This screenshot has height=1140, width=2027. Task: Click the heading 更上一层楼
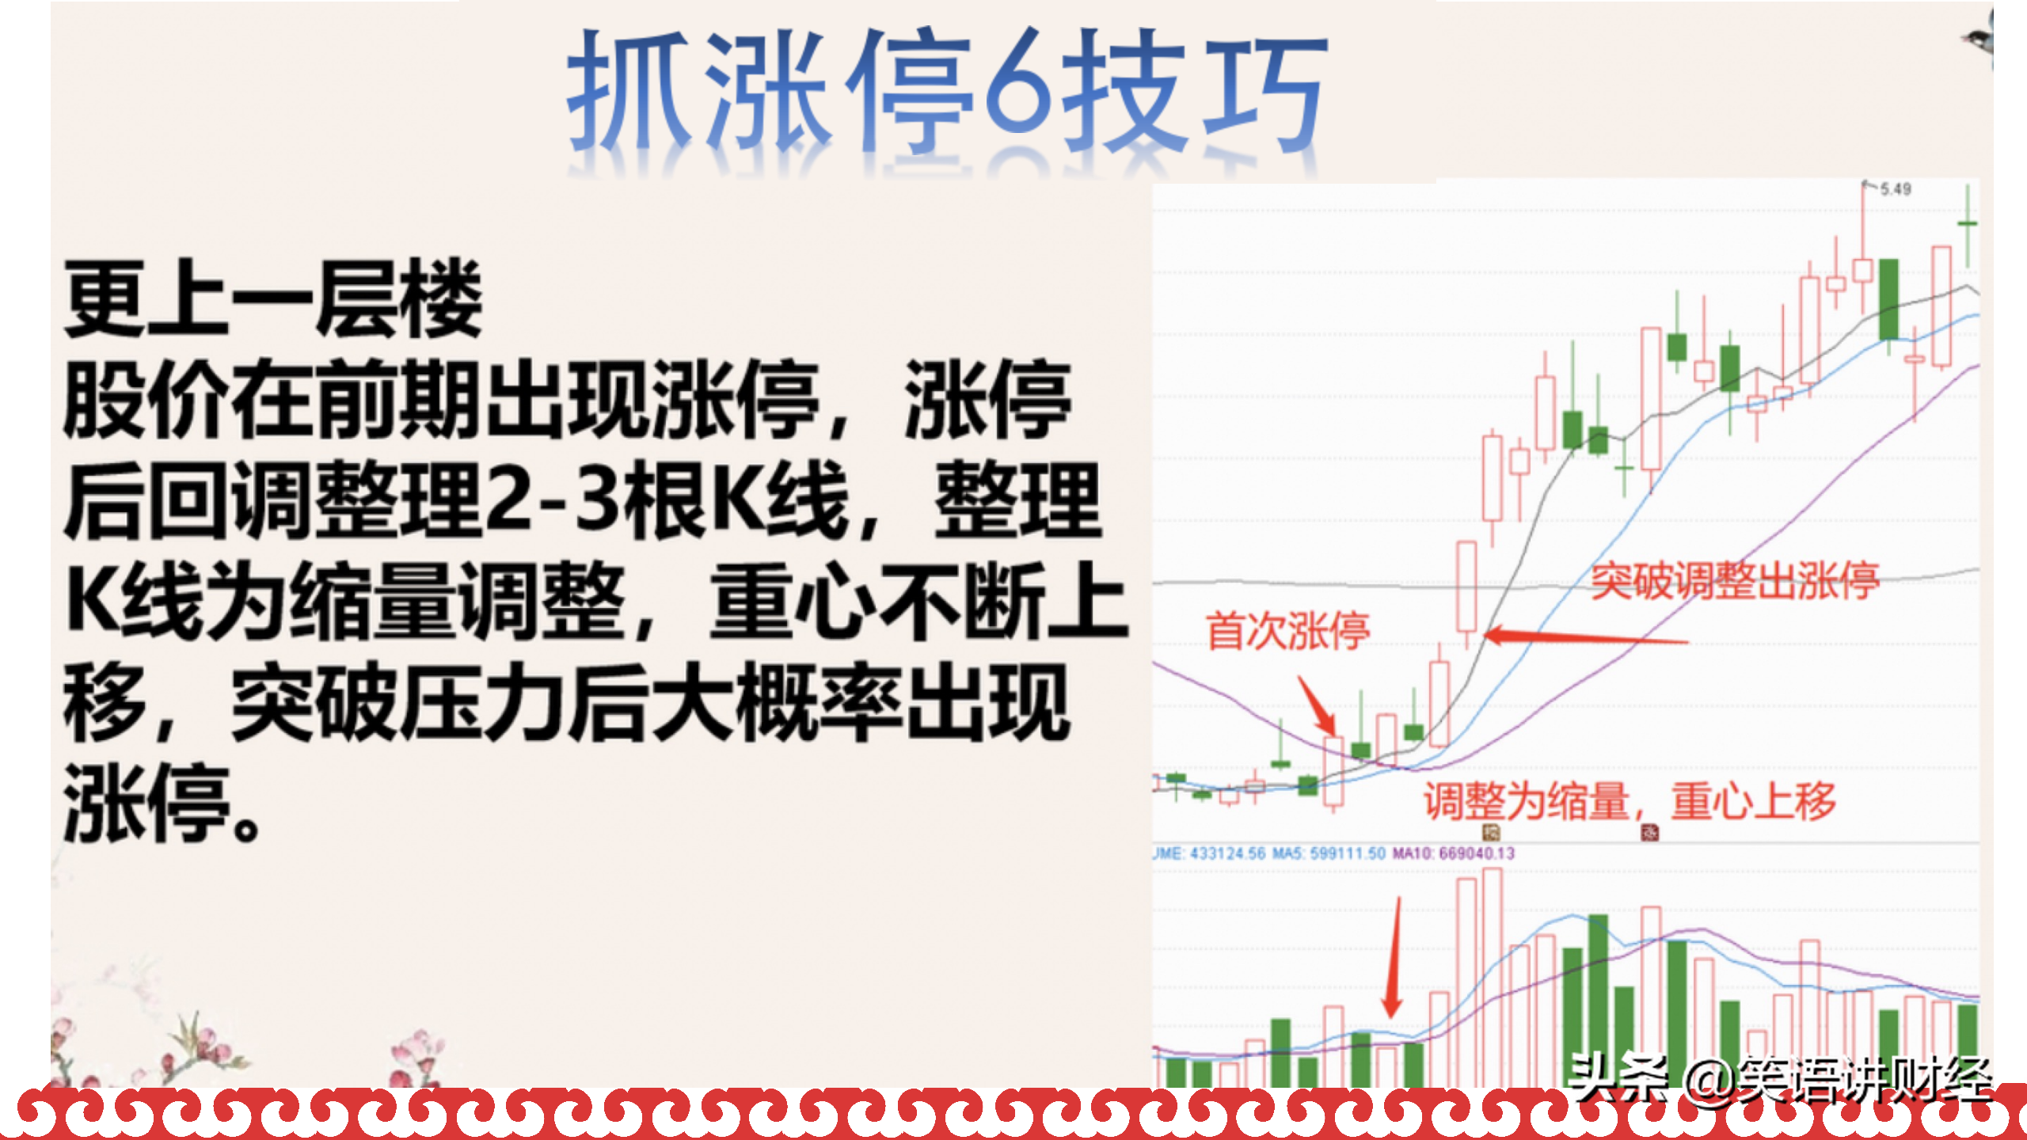273,299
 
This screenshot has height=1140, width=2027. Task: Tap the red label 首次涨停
1288,631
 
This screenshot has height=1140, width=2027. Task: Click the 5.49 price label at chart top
1896,189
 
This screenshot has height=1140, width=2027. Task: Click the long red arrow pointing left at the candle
1586,637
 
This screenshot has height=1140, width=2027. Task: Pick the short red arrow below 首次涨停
1317,705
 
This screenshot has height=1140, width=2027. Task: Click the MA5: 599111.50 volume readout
1329,853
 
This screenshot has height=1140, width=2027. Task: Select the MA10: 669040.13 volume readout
1454,853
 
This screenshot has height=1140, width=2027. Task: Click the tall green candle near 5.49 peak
1889,300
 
